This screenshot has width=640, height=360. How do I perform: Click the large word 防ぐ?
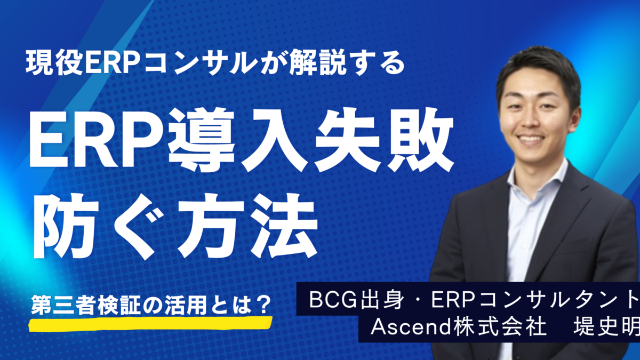click(99, 226)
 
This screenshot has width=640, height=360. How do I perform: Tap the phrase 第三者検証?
click(86, 305)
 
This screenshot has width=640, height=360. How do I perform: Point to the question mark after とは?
click(262, 305)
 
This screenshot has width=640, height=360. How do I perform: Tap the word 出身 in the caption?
click(382, 300)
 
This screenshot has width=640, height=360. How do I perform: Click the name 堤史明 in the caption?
click(606, 326)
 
